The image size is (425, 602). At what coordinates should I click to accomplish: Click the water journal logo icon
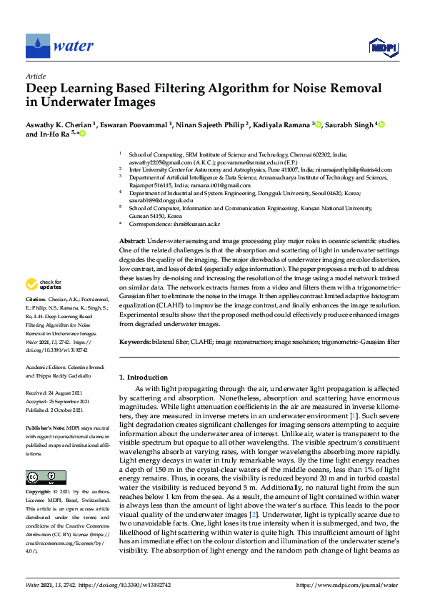[x=37, y=46]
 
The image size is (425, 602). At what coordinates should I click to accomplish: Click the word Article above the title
[x=35, y=76]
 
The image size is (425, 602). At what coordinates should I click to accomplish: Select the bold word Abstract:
[x=131, y=243]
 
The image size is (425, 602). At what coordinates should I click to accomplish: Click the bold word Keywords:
[x=134, y=342]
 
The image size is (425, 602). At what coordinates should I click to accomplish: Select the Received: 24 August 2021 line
[x=55, y=393]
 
